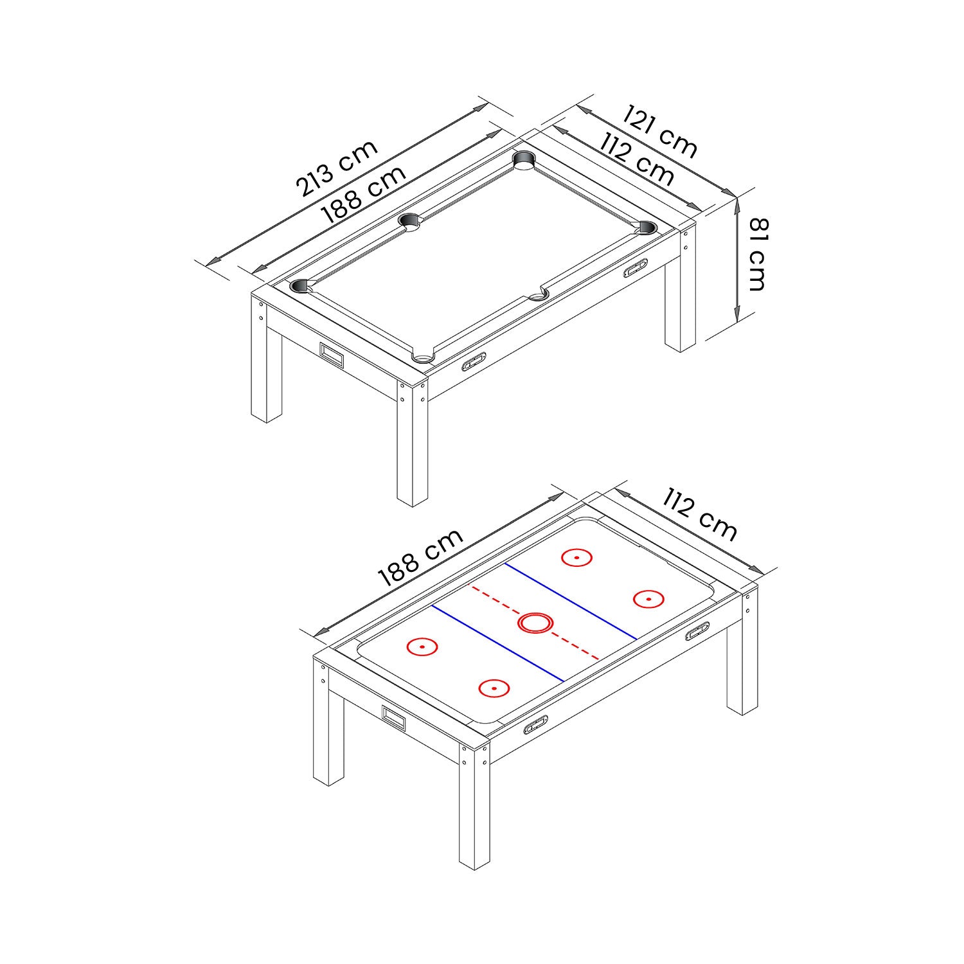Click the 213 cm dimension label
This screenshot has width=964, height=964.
pos(336,168)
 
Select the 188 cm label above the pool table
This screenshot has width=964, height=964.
pos(364,194)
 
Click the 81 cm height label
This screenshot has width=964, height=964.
pos(756,254)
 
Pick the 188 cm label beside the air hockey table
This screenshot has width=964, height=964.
pos(420,557)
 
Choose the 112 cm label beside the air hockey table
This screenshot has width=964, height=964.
pos(700,514)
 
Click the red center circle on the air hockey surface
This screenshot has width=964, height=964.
pos(536,623)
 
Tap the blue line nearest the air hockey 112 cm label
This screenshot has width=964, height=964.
pos(571,601)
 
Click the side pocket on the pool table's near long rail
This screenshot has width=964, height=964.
pos(539,296)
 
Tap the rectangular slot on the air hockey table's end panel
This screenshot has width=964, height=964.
pos(394,717)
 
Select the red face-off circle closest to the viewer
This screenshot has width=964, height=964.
pos(494,688)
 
